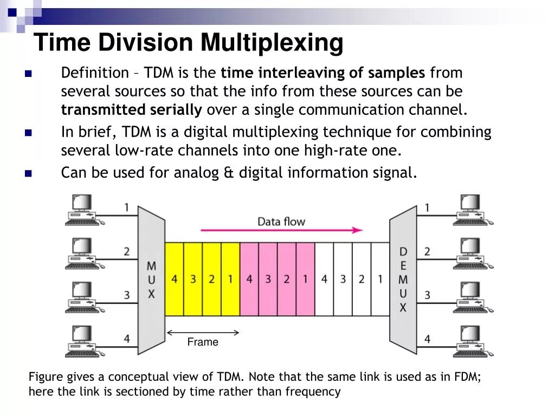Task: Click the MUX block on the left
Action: pyautogui.click(x=151, y=279)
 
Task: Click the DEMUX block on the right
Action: pyautogui.click(x=403, y=279)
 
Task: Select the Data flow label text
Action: pyautogui.click(x=281, y=221)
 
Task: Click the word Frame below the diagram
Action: pyautogui.click(x=203, y=342)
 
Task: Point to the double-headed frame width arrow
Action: pyautogui.click(x=203, y=332)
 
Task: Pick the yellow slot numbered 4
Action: pyautogui.click(x=174, y=279)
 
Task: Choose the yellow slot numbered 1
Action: pyautogui.click(x=230, y=279)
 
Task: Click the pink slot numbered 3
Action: pyautogui.click(x=268, y=279)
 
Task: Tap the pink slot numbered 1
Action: pyautogui.click(x=305, y=279)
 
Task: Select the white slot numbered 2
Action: pyautogui.click(x=362, y=279)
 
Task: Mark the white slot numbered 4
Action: pyautogui.click(x=324, y=279)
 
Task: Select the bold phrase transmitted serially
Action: pyautogui.click(x=131, y=110)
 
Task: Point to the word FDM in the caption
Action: pyautogui.click(x=468, y=377)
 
